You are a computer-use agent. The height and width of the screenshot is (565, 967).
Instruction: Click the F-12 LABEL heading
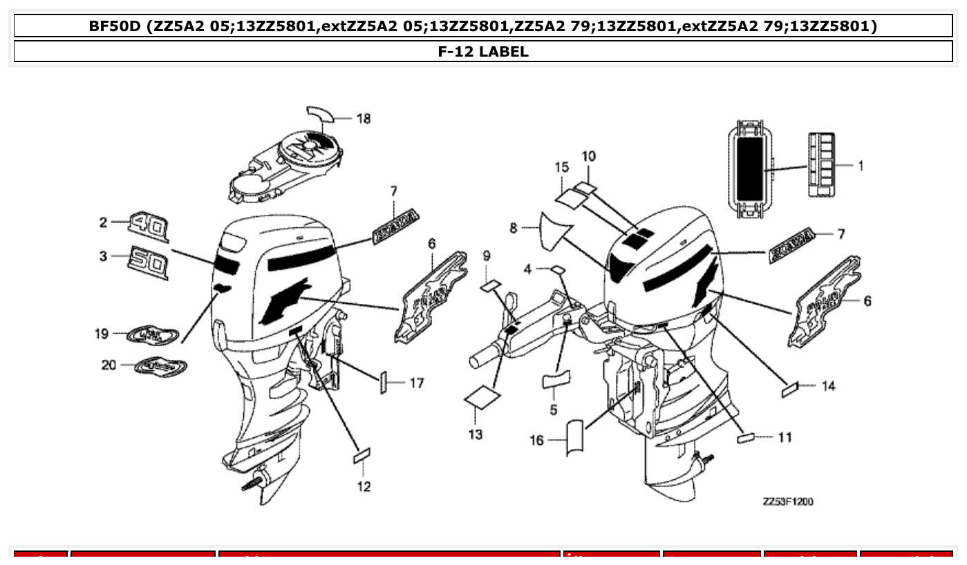pyautogui.click(x=483, y=51)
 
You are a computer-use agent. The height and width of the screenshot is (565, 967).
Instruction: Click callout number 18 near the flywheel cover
pyautogui.click(x=363, y=119)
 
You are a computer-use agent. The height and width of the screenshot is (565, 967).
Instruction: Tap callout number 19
pyautogui.click(x=102, y=334)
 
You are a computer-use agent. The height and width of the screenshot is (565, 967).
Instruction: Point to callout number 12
pyautogui.click(x=364, y=486)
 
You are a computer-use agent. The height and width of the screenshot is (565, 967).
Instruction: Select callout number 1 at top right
pyautogui.click(x=860, y=166)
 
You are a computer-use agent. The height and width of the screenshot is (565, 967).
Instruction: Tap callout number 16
pyautogui.click(x=537, y=440)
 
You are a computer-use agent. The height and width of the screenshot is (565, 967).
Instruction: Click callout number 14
pyautogui.click(x=828, y=386)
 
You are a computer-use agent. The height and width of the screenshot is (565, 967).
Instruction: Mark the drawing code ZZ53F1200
pyautogui.click(x=787, y=501)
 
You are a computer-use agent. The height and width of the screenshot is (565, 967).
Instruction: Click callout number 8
pyautogui.click(x=514, y=228)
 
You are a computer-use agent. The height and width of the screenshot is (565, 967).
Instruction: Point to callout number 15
pyautogui.click(x=561, y=167)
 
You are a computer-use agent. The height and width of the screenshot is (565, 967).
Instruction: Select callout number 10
pyautogui.click(x=588, y=157)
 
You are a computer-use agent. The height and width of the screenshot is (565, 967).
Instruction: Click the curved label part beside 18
pyautogui.click(x=320, y=113)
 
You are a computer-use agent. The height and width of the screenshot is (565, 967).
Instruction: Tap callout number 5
pyautogui.click(x=554, y=410)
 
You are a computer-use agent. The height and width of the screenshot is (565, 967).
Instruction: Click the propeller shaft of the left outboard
pyautogui.click(x=253, y=482)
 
